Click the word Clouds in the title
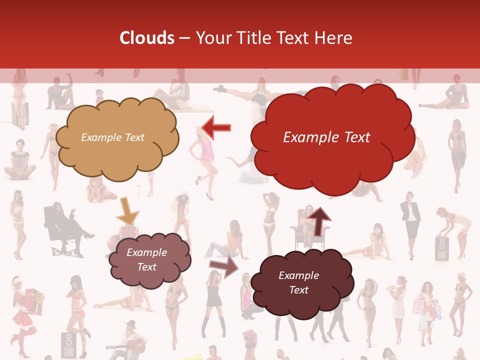(147, 38)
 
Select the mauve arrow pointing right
(224, 266)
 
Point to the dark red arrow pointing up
(318, 220)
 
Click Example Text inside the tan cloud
(112, 137)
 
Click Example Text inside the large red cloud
(326, 137)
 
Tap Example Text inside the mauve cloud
(147, 260)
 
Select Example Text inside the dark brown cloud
(298, 283)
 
